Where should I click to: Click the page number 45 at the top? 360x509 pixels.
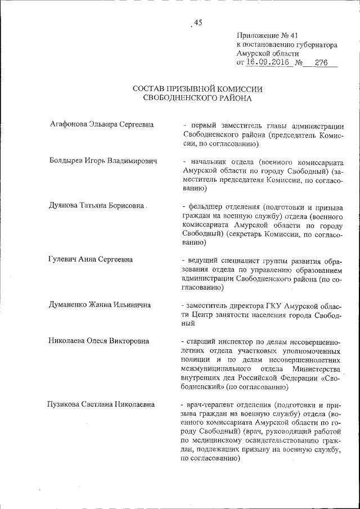click(x=197, y=22)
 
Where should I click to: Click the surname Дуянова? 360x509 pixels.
click(x=65, y=206)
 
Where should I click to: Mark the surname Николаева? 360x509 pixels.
click(x=69, y=341)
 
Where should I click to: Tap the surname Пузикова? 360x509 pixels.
click(x=66, y=404)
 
